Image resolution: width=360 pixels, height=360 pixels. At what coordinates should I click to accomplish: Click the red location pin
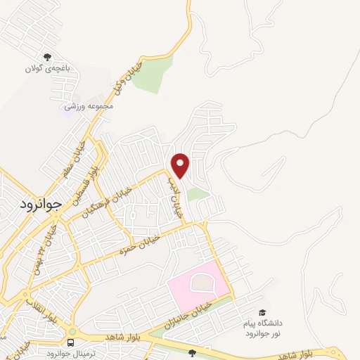pos(181,165)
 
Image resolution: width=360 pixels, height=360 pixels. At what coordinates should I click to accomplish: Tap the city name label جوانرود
pos(38,201)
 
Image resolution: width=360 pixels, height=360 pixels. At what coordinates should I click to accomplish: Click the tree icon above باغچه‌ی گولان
pos(48,58)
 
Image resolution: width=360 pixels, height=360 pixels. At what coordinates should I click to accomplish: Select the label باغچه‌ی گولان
pos(48,69)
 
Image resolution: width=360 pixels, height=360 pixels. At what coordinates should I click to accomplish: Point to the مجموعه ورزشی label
pos(85,105)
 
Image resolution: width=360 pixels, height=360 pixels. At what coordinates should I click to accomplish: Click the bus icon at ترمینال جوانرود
pos(70,342)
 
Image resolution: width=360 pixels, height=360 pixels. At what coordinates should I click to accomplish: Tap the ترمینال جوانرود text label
pos(69,353)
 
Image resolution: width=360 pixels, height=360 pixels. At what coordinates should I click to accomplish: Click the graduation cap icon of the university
pos(262,312)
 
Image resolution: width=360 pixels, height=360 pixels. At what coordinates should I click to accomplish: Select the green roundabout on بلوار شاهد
pos(72,331)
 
